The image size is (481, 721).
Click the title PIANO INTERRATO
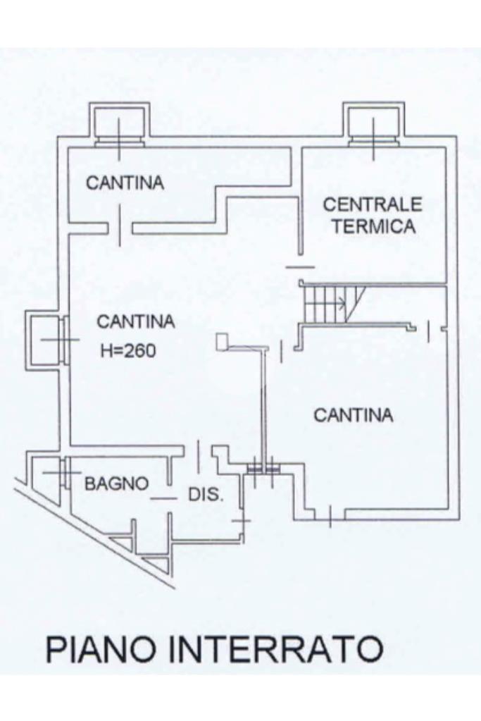pos(214,648)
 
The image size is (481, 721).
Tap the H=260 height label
pos(127,350)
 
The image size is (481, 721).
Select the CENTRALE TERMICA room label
pos(373,215)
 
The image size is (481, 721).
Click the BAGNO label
pos(116,483)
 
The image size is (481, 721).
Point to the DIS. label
pos(206,494)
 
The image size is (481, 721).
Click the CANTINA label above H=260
pos(135,321)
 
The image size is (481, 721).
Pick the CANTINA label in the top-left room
pos(125,183)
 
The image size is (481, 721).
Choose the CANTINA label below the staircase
pos(353,415)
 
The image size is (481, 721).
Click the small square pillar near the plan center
pos(223,342)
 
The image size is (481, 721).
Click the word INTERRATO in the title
pos(275,648)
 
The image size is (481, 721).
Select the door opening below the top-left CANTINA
pos(120,227)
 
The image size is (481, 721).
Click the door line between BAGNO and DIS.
pos(163,498)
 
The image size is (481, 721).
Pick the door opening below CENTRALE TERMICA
pos(301,267)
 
